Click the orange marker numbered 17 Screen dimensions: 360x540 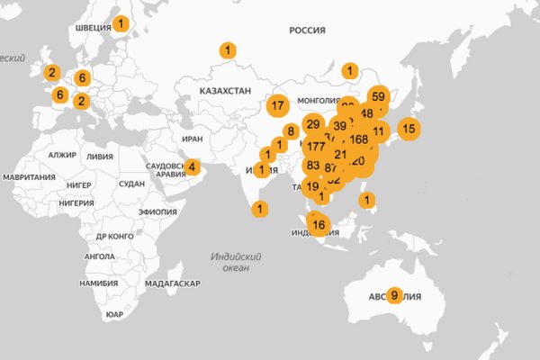click(x=277, y=105)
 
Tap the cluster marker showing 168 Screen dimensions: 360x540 click(x=359, y=139)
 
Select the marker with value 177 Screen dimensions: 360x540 click(x=315, y=147)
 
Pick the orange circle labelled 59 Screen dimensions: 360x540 click(x=378, y=96)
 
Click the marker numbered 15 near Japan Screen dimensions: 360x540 click(x=409, y=129)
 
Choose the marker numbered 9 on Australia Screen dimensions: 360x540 click(x=393, y=293)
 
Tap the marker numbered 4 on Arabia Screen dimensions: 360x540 click(x=192, y=166)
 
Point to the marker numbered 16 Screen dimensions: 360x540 click(x=319, y=225)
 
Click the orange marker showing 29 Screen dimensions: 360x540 click(x=313, y=124)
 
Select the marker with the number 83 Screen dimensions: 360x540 click(x=313, y=166)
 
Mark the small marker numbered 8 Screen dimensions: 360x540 click(x=291, y=130)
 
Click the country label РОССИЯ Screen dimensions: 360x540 click(x=307, y=31)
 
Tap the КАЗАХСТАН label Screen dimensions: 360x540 click(x=226, y=93)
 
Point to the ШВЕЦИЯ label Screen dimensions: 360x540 click(x=93, y=26)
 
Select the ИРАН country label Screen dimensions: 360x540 click(x=193, y=139)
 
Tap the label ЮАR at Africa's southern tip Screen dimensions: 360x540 click(x=114, y=314)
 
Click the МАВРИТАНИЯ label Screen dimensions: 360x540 click(x=29, y=176)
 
